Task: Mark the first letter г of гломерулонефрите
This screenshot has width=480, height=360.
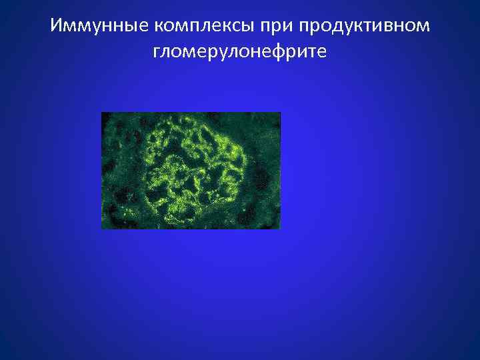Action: (x=157, y=52)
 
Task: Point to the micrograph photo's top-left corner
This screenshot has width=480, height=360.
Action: (x=102, y=113)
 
